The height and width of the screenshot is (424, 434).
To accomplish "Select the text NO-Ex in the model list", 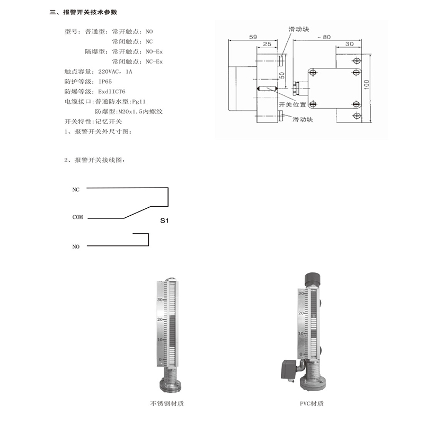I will point(154,51).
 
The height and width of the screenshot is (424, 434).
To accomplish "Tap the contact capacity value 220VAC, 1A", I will point(116,72).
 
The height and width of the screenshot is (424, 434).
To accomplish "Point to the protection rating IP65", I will point(105,82).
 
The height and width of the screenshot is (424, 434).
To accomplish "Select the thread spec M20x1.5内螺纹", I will point(143,111).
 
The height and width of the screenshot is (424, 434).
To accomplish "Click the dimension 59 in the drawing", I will point(252,37).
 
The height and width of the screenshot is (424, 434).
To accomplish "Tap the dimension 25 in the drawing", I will point(268,44).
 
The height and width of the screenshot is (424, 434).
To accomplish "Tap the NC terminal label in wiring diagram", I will point(76,189).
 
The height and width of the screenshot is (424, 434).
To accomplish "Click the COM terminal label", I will point(77,217).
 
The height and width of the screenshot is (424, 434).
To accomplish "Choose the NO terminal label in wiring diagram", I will point(76,246).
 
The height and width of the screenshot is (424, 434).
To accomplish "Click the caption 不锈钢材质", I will point(167,404).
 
